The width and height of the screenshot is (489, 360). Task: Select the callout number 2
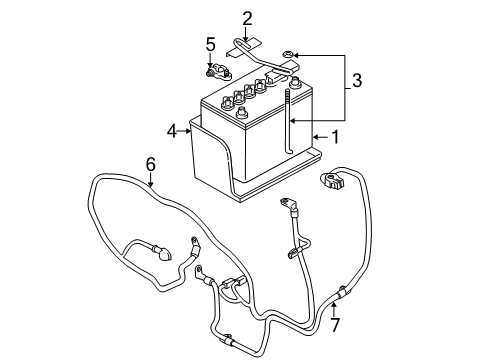[247, 17]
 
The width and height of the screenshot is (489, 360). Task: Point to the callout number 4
[171, 129]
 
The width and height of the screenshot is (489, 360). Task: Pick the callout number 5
[210, 43]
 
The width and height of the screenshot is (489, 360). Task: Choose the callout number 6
[150, 163]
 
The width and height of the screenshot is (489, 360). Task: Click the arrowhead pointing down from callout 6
[150, 183]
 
